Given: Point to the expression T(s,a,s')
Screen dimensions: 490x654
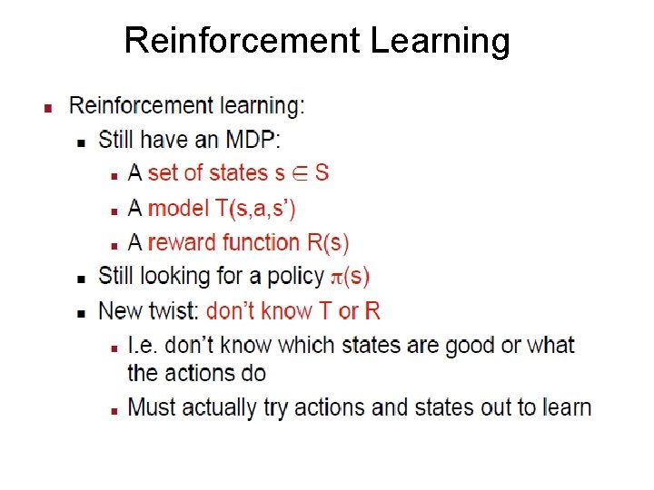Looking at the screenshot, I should (255, 208).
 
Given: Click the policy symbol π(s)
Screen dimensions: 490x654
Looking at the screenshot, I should (350, 276).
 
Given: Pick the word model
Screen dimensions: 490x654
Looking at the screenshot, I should (178, 208).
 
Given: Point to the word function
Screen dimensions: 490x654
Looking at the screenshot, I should (264, 242).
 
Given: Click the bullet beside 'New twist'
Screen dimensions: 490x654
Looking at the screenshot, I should (81, 312).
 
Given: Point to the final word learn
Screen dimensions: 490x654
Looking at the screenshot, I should (566, 407).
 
